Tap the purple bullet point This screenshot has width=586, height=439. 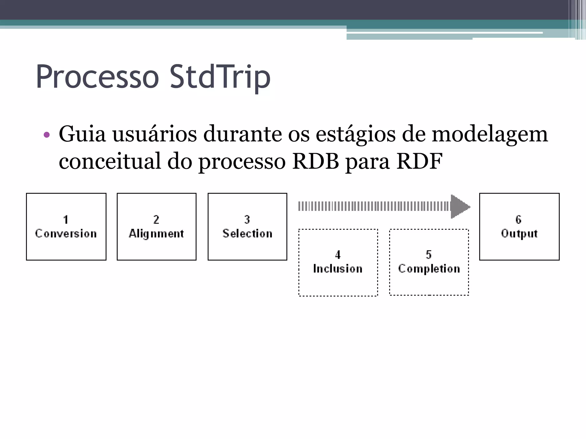point(47,135)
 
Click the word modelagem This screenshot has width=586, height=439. point(490,134)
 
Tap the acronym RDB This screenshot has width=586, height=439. point(315,161)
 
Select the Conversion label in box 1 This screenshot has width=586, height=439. point(66,234)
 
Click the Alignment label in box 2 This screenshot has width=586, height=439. point(157,234)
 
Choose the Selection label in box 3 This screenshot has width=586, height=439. point(248,234)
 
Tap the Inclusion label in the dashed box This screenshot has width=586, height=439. point(338,269)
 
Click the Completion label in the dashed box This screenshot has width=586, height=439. point(429,269)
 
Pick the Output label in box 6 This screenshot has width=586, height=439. point(519,234)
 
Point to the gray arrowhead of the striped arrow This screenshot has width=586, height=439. point(460,206)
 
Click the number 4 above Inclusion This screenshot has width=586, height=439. point(338,255)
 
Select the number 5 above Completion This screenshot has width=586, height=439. point(429,254)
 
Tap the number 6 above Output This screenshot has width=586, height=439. point(518,219)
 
